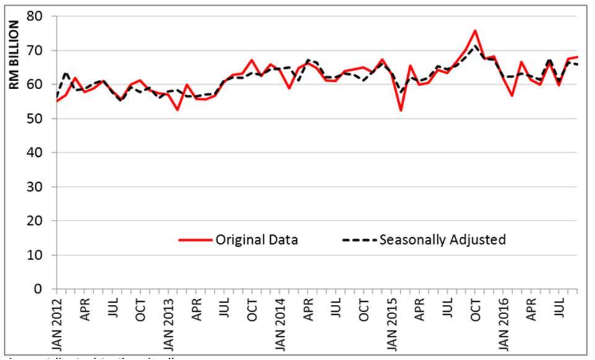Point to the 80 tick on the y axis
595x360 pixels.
(41, 16)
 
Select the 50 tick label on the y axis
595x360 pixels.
(41, 118)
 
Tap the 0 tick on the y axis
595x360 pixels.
(45, 289)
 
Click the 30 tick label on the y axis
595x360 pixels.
(41, 187)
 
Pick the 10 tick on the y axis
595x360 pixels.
(41, 255)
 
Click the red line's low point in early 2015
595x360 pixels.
(401, 110)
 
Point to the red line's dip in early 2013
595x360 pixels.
(178, 110)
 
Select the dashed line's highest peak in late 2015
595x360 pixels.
(475, 45)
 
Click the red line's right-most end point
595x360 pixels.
(577, 57)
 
